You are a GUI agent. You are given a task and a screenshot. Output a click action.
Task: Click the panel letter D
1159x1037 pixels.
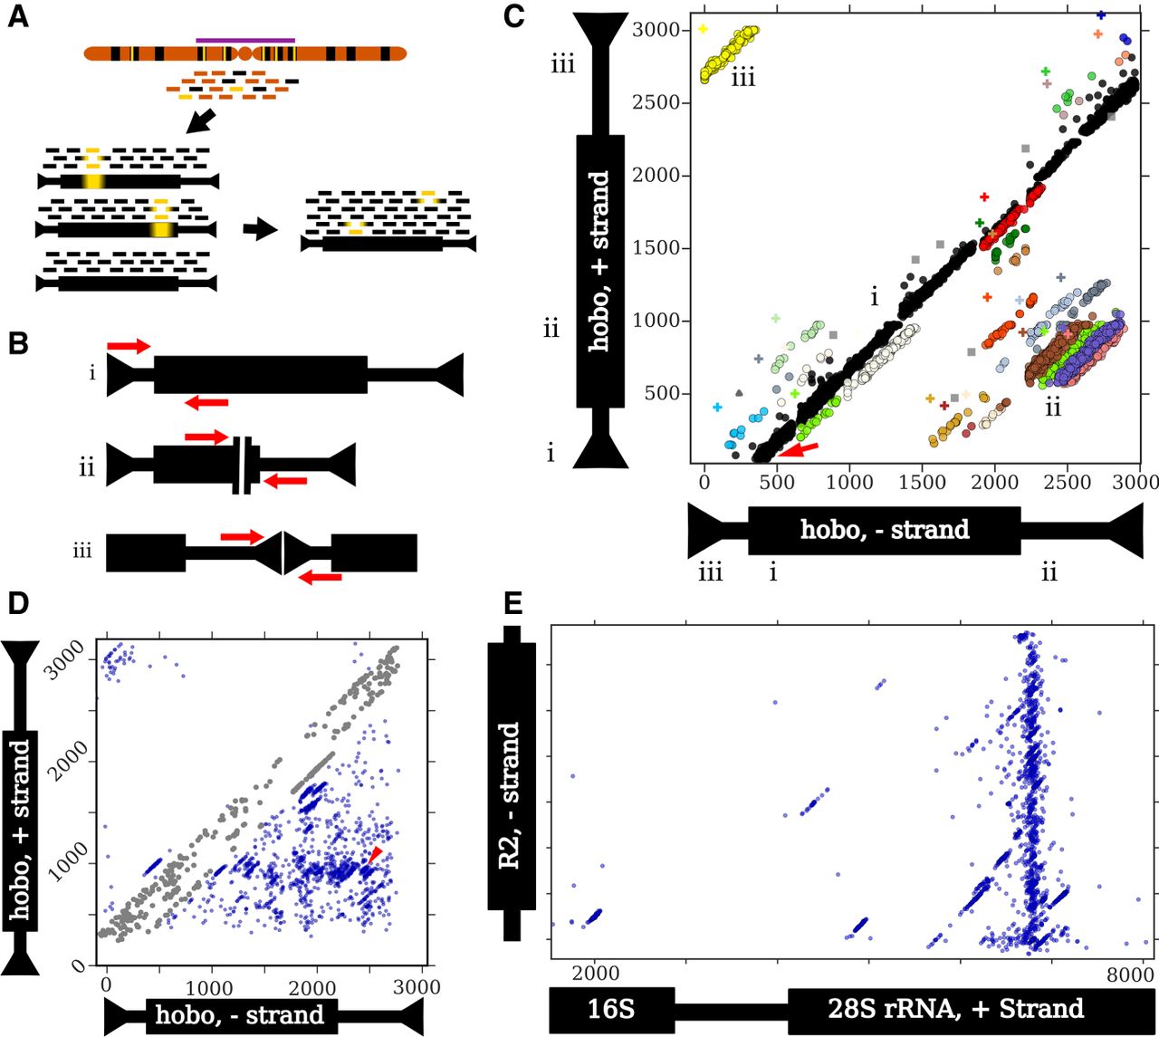tap(18, 604)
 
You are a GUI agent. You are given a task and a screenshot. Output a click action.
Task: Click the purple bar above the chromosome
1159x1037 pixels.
tap(245, 40)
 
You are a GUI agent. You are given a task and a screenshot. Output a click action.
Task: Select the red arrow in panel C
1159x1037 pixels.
tap(799, 450)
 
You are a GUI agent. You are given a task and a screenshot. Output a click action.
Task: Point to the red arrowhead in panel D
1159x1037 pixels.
tap(374, 854)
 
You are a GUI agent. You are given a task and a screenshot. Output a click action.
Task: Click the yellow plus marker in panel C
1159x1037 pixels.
tap(703, 29)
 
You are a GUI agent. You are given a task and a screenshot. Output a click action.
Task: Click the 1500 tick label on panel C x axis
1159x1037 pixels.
tap(922, 482)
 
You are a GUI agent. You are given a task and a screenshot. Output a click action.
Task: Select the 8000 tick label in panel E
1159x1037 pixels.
tap(1129, 975)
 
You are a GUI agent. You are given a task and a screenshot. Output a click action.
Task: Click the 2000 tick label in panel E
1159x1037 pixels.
tap(596, 973)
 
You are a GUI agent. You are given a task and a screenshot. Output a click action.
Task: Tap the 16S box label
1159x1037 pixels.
tap(611, 1008)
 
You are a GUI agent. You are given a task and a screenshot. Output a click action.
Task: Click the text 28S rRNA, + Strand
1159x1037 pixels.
tap(956, 1008)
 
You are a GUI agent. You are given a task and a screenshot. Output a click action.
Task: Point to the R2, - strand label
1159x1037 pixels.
tap(510, 796)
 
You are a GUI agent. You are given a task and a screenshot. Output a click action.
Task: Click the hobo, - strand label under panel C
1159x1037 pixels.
tap(885, 530)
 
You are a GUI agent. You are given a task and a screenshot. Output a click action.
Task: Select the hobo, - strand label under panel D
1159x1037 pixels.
tap(240, 1014)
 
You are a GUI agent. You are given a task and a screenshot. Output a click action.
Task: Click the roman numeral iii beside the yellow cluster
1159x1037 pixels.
tap(743, 78)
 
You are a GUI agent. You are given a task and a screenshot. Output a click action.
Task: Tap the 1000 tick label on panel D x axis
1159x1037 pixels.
tap(210, 988)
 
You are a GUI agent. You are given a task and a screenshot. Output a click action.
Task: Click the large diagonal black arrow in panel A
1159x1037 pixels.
tap(202, 120)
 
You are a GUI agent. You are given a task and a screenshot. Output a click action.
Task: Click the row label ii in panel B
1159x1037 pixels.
tap(87, 469)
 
